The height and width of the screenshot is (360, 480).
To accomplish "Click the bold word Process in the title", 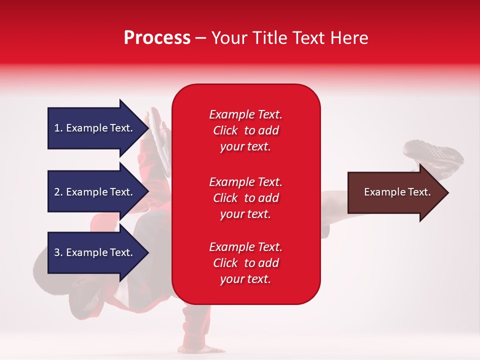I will click(157, 38).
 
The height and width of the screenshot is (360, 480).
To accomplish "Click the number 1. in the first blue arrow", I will click(58, 128).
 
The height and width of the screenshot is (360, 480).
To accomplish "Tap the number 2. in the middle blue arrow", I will click(58, 192).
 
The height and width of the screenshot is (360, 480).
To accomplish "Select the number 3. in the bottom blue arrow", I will click(58, 252).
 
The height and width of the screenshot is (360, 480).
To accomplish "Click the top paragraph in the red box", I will click(245, 130).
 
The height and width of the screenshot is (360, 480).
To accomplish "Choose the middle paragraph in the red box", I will click(245, 198).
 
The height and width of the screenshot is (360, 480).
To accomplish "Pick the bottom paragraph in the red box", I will click(245, 263).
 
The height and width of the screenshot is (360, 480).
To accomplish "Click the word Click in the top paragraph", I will click(225, 130).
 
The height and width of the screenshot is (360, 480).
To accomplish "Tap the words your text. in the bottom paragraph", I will click(245, 279).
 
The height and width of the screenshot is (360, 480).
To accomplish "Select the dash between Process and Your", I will click(200, 38).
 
